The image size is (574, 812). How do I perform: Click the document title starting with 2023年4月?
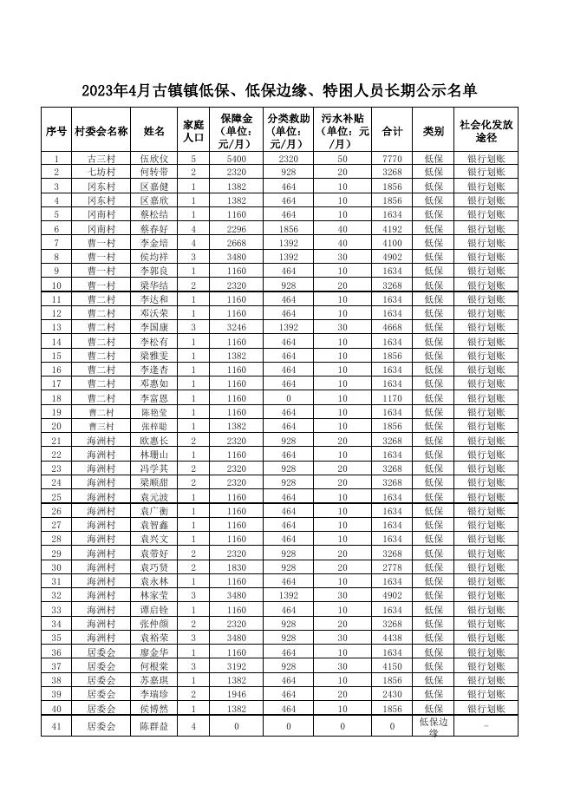click(x=279, y=91)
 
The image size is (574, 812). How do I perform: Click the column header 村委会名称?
click(x=101, y=131)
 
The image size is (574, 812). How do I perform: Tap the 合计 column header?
click(x=392, y=131)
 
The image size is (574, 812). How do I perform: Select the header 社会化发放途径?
click(x=486, y=131)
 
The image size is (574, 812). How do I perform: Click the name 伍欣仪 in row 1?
click(x=153, y=159)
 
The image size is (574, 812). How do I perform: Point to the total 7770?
click(x=392, y=159)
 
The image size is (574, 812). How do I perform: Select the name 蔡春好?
click(x=153, y=229)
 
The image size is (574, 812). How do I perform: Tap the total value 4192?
click(x=392, y=229)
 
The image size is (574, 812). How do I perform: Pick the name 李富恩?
click(x=153, y=398)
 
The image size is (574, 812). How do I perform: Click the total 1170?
click(x=392, y=398)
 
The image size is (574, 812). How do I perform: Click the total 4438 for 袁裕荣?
click(x=392, y=638)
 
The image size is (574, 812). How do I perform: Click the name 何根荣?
click(x=153, y=666)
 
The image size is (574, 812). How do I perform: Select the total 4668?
click(x=392, y=328)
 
